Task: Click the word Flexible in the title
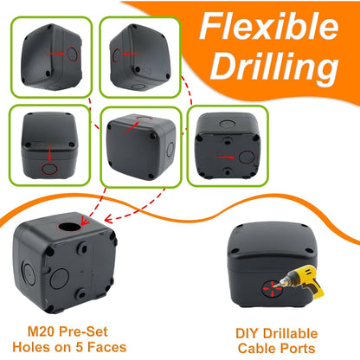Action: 269,26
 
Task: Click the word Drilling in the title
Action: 274,67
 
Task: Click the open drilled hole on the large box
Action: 69,227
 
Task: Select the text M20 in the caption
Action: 42,331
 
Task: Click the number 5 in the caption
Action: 80,347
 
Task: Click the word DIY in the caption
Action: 247,333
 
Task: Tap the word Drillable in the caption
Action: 289,333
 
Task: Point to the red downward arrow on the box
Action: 49,151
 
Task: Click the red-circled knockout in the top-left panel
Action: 72,54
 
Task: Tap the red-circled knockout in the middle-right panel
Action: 247,157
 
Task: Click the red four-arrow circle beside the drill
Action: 272,288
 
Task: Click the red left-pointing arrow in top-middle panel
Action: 132,54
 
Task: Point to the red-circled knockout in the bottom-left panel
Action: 49,169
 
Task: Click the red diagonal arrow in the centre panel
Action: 132,128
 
